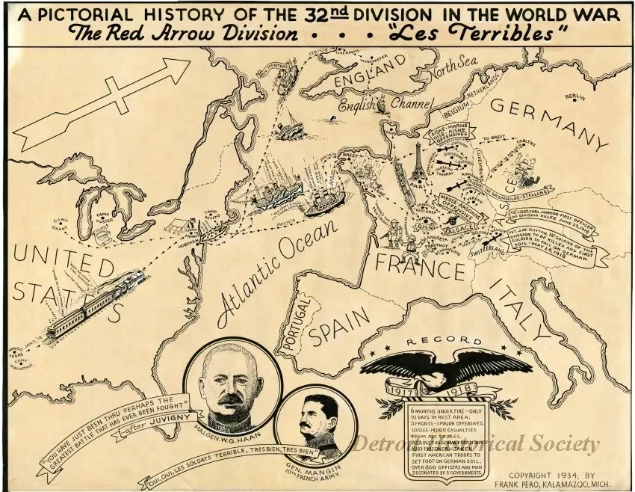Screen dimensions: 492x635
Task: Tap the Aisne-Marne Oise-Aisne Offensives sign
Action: click(445, 136)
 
